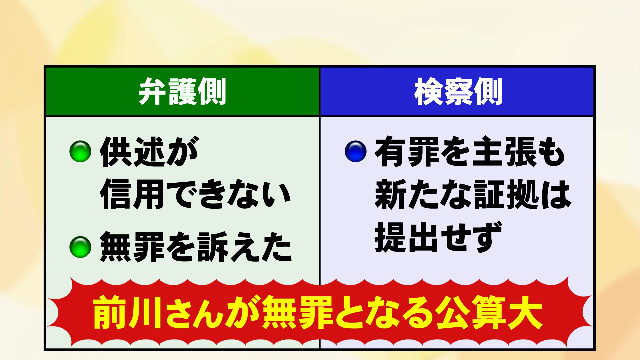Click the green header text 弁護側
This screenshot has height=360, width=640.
point(182,91)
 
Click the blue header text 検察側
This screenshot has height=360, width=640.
point(458,91)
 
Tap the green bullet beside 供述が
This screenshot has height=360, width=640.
point(80,151)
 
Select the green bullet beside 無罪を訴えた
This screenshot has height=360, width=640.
point(80,247)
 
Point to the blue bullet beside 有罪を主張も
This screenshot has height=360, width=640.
point(356,151)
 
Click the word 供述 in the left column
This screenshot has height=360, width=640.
point(132,151)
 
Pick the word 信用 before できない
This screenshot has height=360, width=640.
point(132,194)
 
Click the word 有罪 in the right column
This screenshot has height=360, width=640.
point(407,151)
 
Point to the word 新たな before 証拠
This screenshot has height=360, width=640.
point(423,194)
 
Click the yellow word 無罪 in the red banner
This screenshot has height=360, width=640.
point(298,312)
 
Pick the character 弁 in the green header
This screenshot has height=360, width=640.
point(153,91)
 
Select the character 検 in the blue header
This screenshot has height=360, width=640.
point(429,91)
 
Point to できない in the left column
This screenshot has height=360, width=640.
point(229,194)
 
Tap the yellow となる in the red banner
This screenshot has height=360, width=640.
point(385,312)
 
